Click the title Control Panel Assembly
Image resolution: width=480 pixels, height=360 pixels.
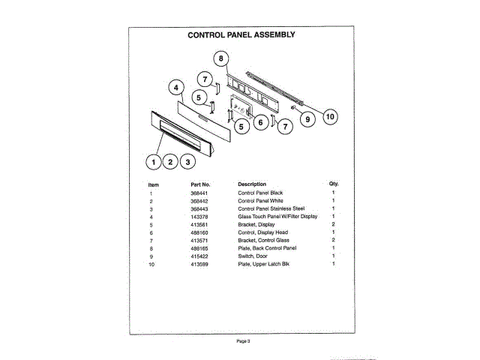click(x=241, y=34)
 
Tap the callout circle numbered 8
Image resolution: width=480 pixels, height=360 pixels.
click(x=220, y=58)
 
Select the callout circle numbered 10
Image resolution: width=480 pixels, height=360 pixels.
click(x=330, y=116)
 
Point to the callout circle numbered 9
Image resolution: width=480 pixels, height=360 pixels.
click(x=306, y=117)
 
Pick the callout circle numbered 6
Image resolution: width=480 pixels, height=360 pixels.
click(x=260, y=122)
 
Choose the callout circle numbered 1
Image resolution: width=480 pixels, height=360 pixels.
click(x=154, y=160)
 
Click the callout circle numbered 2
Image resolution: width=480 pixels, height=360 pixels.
click(x=171, y=160)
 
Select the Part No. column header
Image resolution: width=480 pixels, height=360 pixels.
click(x=200, y=184)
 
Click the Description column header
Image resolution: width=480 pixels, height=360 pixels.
click(x=252, y=184)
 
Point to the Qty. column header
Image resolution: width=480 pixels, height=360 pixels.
click(x=334, y=184)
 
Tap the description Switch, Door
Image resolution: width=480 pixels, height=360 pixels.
click(x=255, y=256)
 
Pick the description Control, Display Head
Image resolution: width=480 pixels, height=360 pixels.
click(x=262, y=232)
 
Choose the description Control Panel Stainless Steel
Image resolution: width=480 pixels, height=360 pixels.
click(x=271, y=208)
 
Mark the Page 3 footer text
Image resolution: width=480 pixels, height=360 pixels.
click(x=241, y=341)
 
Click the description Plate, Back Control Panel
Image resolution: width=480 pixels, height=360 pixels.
click(x=267, y=248)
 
